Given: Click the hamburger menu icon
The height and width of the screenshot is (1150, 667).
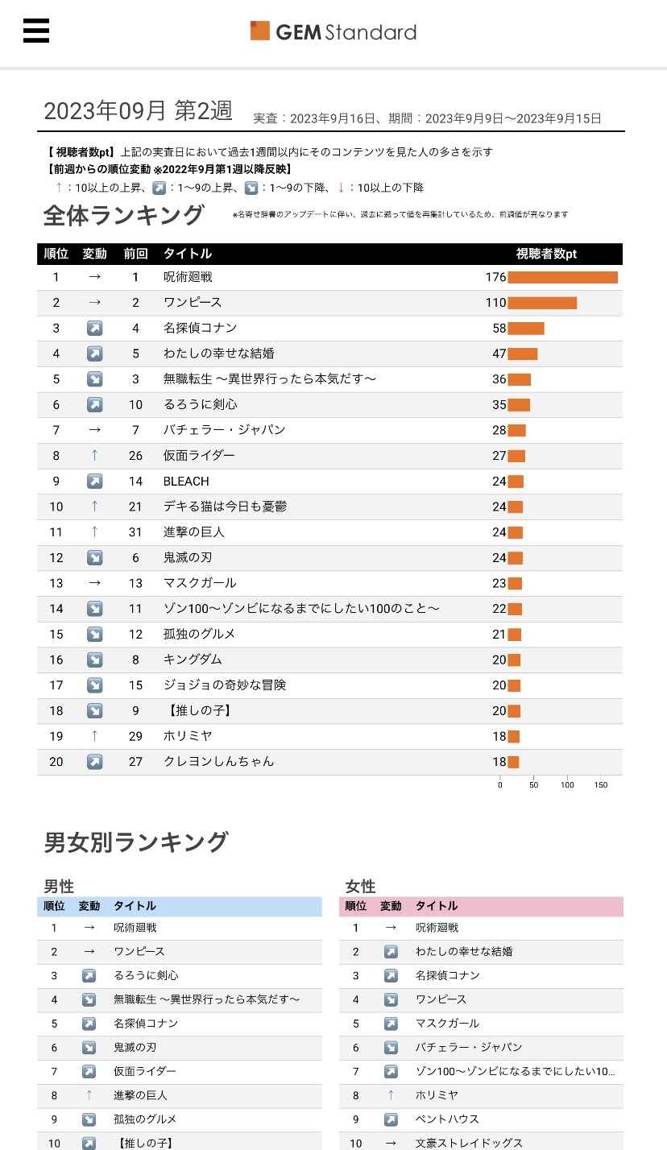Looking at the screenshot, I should pyautogui.click(x=36, y=31).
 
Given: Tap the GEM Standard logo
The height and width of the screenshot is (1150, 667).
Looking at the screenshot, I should pyautogui.click(x=333, y=31).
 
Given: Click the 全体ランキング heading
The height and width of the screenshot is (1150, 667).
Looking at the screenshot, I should pyautogui.click(x=124, y=216).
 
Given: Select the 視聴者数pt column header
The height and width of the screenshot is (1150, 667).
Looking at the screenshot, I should pyautogui.click(x=546, y=254).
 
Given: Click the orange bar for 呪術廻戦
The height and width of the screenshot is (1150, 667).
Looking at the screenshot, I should pyautogui.click(x=562, y=277).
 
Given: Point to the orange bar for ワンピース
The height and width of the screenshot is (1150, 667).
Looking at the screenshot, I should pyautogui.click(x=542, y=303).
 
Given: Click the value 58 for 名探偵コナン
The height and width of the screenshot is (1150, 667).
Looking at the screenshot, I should pyautogui.click(x=499, y=329).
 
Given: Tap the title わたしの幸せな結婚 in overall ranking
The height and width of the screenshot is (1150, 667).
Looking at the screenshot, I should pyautogui.click(x=219, y=354).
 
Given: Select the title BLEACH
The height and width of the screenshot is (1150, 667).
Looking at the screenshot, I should pyautogui.click(x=186, y=482).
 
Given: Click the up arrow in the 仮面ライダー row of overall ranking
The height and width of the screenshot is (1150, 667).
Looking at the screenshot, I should pyautogui.click(x=94, y=456).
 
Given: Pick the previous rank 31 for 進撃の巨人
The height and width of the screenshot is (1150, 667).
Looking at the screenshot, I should pyautogui.click(x=135, y=532).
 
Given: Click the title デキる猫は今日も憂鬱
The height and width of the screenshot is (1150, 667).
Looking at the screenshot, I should pyautogui.click(x=225, y=507).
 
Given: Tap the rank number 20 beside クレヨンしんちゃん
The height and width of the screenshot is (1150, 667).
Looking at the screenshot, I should pyautogui.click(x=56, y=762).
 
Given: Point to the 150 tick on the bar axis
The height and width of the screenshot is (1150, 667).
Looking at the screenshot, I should pyautogui.click(x=601, y=784).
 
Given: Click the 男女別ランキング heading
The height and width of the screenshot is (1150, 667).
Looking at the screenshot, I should pyautogui.click(x=136, y=842).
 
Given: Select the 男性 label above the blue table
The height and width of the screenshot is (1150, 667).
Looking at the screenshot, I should pyautogui.click(x=59, y=887).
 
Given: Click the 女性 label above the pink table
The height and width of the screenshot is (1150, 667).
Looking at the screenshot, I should pyautogui.click(x=360, y=887).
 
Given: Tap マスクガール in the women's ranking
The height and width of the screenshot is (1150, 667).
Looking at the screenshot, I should pyautogui.click(x=447, y=1024).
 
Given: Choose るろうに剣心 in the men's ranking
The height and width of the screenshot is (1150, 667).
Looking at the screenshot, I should pyautogui.click(x=146, y=975).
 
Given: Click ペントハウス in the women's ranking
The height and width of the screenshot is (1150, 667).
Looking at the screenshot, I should pyautogui.click(x=447, y=1119).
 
